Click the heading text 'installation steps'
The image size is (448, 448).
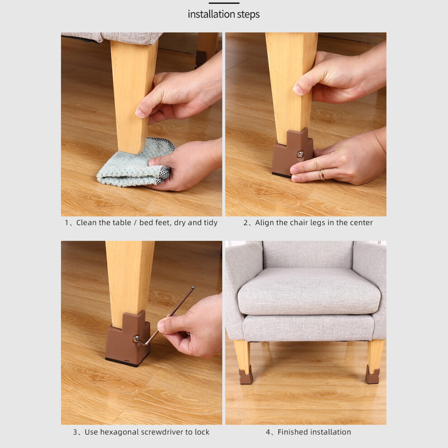click(x=224, y=14)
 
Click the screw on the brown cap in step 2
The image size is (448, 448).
click(x=300, y=154)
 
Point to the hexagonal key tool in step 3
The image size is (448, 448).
click(x=164, y=318)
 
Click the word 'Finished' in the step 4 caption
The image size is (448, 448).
click(x=294, y=432)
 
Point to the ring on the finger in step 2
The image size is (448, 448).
click(x=322, y=174)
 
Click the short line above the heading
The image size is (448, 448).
click(x=224, y=3)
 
